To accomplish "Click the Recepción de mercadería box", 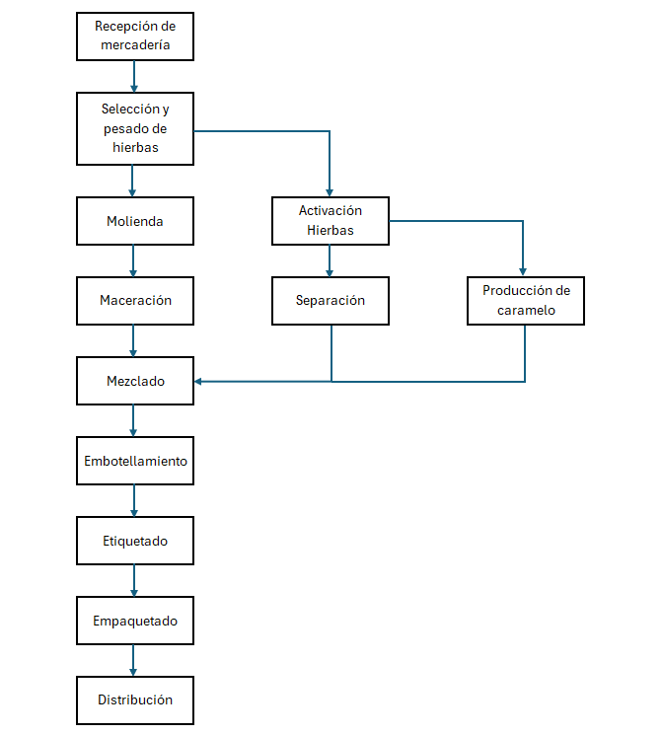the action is (135, 37).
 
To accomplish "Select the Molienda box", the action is (135, 221).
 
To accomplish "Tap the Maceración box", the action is (135, 301).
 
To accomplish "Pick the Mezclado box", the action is (135, 381).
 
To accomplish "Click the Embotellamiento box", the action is (135, 461).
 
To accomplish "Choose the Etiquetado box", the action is (135, 541).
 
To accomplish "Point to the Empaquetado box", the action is (135, 621).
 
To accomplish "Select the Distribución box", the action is (135, 700).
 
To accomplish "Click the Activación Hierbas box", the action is (331, 221).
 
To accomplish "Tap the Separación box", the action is (331, 301).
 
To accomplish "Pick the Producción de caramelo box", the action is (526, 301).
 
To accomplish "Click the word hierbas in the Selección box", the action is (135, 147).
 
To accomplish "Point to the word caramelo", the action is (526, 311).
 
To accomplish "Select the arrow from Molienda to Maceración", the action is (133, 260).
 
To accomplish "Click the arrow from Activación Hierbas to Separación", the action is (330, 260).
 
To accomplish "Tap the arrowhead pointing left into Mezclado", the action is (198, 382).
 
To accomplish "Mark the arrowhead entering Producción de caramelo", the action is (523, 272).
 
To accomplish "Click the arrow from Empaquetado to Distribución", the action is (133, 660).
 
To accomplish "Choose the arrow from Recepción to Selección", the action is (134, 76).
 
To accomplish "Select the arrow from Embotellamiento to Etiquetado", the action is (134, 500).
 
